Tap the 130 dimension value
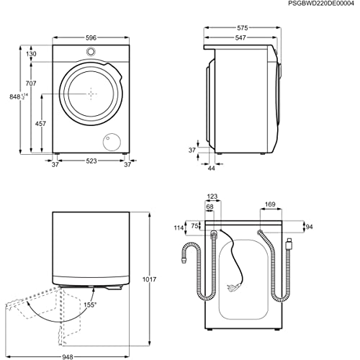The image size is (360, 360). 32,55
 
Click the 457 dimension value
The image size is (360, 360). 41,124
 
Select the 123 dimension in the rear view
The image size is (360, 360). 212,196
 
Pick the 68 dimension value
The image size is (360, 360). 209,207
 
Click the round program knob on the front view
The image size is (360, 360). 91,52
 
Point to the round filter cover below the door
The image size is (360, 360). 113,140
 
